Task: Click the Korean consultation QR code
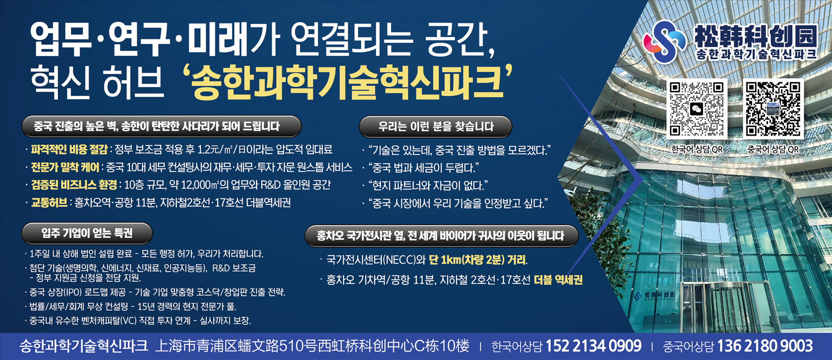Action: click(697, 109)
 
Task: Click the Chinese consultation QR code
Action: click(773, 109)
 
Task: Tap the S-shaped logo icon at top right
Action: click(664, 41)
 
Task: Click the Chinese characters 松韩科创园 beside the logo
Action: click(755, 36)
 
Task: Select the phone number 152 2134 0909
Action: click(593, 346)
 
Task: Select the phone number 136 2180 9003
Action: click(765, 346)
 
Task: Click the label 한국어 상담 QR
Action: click(697, 149)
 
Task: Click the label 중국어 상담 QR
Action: click(773, 149)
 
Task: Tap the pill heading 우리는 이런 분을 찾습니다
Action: click(435, 126)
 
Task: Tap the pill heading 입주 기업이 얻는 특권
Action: click(87, 233)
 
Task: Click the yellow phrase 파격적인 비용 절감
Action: click(69, 150)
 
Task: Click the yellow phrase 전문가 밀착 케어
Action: click(65, 167)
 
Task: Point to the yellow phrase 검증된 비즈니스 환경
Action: click(74, 185)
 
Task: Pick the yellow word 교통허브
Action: click(49, 203)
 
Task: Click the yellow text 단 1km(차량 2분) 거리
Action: click(478, 259)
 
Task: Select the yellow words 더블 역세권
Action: click(558, 280)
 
